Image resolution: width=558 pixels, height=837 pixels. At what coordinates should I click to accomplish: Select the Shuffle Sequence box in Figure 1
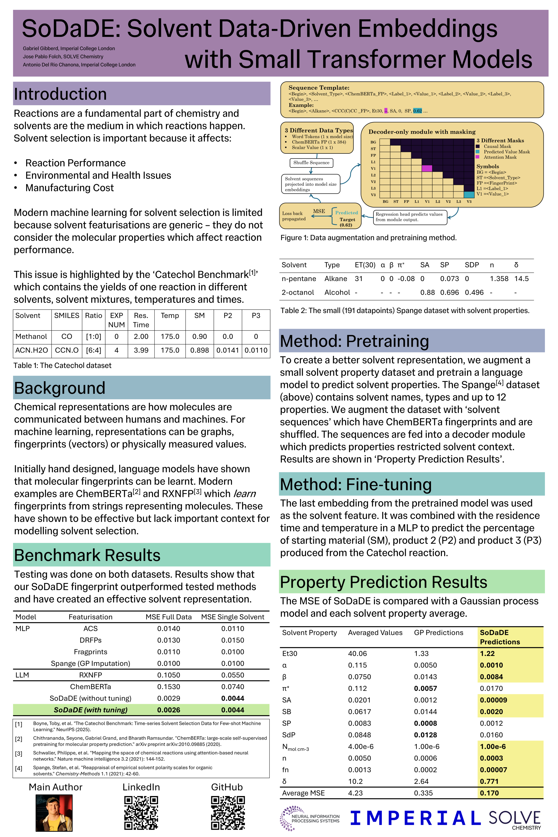click(x=311, y=163)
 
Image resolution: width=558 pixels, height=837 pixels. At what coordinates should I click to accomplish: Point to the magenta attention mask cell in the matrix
click(x=427, y=168)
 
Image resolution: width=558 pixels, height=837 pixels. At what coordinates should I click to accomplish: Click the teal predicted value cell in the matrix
click(x=469, y=195)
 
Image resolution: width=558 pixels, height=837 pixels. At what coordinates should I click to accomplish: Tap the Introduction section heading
click(x=60, y=94)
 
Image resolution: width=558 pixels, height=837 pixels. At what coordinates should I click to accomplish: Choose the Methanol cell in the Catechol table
click(x=31, y=336)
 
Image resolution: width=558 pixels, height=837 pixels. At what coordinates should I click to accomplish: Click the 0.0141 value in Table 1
click(x=228, y=350)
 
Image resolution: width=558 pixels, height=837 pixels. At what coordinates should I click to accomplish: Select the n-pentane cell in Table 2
click(x=299, y=279)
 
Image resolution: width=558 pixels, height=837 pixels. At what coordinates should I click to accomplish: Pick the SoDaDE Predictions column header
click(x=500, y=637)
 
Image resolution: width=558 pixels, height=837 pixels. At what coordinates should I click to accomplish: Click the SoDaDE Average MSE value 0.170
click(x=489, y=793)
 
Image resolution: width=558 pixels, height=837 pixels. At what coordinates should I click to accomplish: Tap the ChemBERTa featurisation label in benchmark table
click(x=90, y=686)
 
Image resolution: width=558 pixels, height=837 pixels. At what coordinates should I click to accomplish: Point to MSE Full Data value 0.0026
click(x=169, y=710)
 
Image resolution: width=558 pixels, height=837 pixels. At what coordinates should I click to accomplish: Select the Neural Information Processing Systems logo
click(x=310, y=818)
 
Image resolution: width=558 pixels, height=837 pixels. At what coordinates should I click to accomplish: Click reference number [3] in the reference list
click(x=19, y=753)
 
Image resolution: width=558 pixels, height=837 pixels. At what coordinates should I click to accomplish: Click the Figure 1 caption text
click(x=368, y=237)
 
